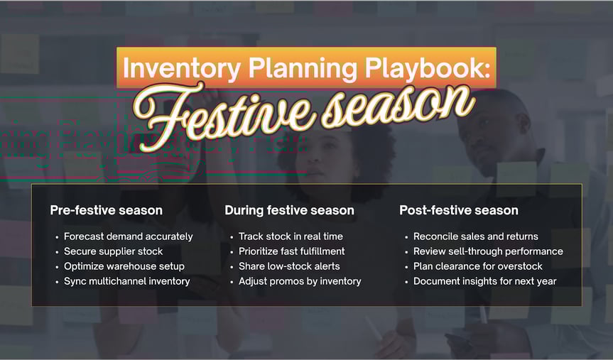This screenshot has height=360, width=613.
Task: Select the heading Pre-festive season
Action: pyautogui.click(x=106, y=210)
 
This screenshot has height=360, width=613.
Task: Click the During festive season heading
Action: pyautogui.click(x=289, y=210)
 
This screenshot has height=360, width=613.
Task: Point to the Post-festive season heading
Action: pyautogui.click(x=458, y=210)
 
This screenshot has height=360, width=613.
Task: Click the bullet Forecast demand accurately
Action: pyautogui.click(x=128, y=236)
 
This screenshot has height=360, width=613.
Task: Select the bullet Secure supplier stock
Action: pyautogui.click(x=113, y=251)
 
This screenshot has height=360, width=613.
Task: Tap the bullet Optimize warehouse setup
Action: pyautogui.click(x=124, y=266)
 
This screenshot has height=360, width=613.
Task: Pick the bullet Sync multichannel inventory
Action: pyautogui.click(x=126, y=281)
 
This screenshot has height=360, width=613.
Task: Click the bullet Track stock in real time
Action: pyautogui.click(x=291, y=236)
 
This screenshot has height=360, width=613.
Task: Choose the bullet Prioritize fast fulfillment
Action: pyautogui.click(x=291, y=251)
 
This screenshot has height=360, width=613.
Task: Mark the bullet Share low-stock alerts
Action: pyautogui.click(x=289, y=266)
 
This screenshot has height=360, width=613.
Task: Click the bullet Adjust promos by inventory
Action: pyautogui.click(x=300, y=281)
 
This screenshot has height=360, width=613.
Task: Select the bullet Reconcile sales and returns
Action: pyautogui.click(x=475, y=236)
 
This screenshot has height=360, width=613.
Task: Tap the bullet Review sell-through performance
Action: pyautogui.click(x=488, y=251)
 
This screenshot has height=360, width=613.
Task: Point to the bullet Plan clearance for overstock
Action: pyautogui.click(x=477, y=266)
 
